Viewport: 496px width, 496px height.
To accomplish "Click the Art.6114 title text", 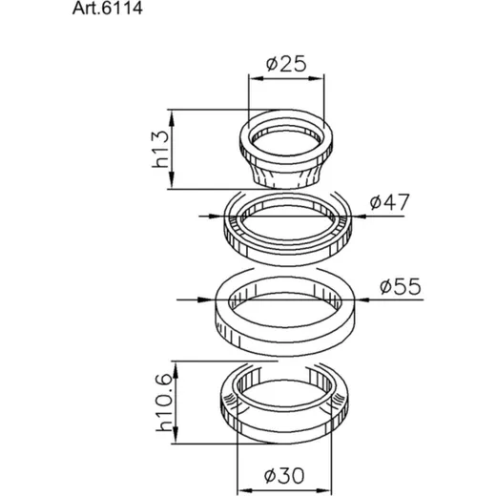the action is coord(108,9).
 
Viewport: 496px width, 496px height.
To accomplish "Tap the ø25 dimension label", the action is coord(286,64).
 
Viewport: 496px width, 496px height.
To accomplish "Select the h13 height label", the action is coord(160,149).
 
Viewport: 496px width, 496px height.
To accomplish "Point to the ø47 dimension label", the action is coord(390,202).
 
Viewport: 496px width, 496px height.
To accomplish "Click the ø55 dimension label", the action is coord(401,286).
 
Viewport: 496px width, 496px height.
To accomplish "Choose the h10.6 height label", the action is coord(164,403).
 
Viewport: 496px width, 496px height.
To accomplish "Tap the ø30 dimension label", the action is coord(284,476).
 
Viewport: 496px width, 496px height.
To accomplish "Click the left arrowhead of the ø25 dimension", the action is coord(257,78).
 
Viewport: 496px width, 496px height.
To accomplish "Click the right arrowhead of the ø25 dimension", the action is coord(317,78).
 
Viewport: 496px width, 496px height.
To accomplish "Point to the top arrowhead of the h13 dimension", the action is coord(172,118).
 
